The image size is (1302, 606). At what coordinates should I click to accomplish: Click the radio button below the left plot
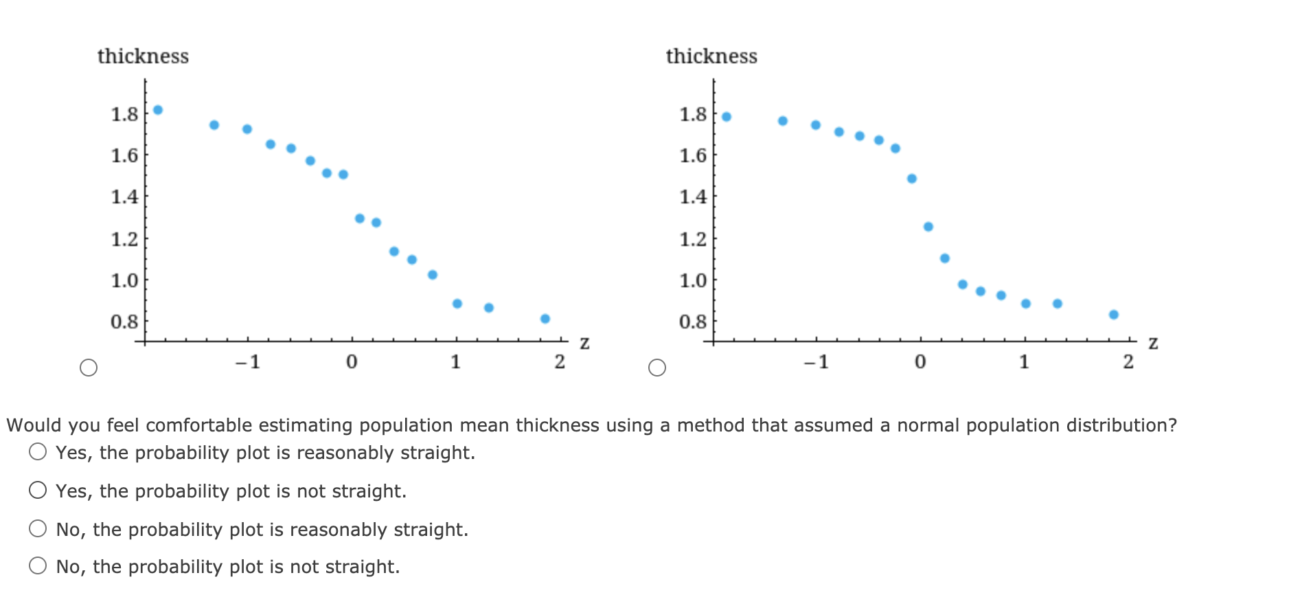click(89, 368)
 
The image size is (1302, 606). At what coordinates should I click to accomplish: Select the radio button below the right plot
click(657, 368)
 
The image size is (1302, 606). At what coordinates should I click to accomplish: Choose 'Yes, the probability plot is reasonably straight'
click(38, 451)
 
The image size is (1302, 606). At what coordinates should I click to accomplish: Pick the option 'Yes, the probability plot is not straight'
click(38, 490)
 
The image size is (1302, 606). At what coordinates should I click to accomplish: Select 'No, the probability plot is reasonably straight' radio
click(38, 528)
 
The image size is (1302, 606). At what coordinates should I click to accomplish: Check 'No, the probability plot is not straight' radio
click(38, 565)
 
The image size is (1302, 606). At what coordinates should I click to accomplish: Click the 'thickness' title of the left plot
click(143, 56)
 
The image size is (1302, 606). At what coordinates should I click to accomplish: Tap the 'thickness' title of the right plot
click(711, 56)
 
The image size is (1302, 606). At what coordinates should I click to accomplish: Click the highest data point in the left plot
click(158, 110)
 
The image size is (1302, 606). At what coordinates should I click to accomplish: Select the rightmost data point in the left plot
click(545, 319)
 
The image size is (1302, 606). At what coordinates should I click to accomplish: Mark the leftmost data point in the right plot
click(727, 117)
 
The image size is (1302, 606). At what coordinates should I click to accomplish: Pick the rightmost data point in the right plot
click(1114, 315)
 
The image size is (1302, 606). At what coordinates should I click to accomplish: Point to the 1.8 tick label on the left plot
click(125, 113)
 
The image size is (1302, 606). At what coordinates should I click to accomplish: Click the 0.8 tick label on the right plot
click(693, 322)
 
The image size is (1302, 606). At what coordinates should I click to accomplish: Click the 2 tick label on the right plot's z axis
click(1128, 361)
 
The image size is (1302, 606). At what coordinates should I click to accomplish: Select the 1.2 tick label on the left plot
click(125, 239)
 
